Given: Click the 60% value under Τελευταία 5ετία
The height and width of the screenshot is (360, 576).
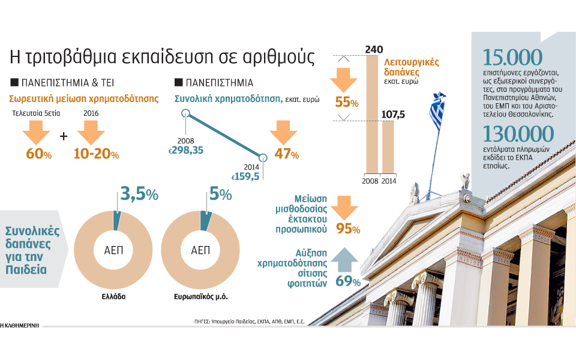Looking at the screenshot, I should (x=39, y=154).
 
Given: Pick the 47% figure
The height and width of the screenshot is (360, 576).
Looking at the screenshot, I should (x=286, y=154).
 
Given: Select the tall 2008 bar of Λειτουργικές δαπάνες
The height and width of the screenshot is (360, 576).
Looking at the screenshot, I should (x=371, y=114).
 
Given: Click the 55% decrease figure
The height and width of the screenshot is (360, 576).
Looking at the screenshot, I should (x=347, y=103).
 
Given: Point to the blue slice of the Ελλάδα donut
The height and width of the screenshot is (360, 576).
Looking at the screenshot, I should (x=117, y=221).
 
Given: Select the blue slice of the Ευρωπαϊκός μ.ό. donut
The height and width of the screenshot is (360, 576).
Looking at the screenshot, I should (x=206, y=221).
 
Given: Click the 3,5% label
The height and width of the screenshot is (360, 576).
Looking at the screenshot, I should (x=139, y=194).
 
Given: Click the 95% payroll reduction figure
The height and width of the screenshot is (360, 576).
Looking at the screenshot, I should (x=349, y=229).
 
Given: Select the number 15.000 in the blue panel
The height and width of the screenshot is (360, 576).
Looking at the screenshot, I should (x=512, y=58).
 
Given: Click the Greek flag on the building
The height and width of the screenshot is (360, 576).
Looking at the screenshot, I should (x=437, y=112).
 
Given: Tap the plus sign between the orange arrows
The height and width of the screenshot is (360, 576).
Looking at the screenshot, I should (x=64, y=136).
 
